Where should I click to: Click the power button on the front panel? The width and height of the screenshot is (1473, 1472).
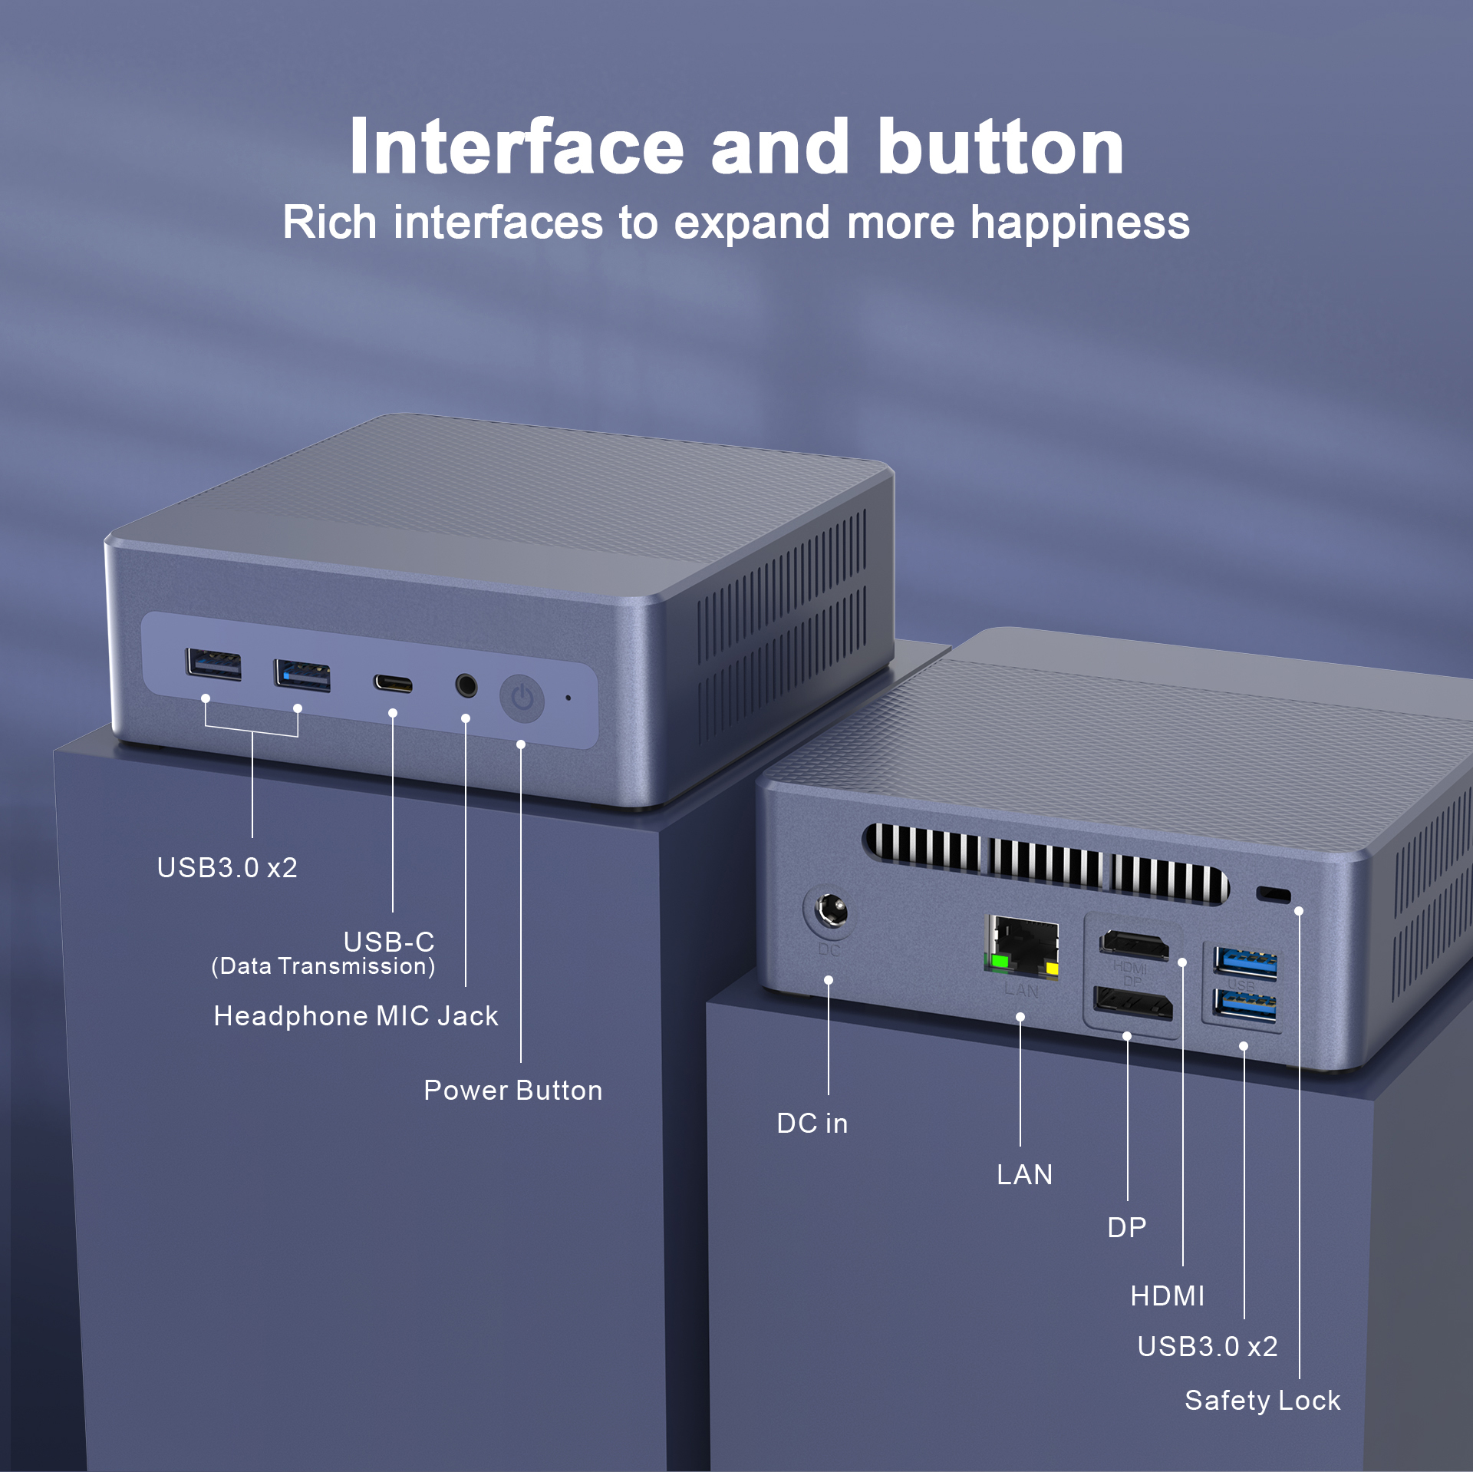[522, 698]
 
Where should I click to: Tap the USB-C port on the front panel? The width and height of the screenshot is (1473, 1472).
[393, 684]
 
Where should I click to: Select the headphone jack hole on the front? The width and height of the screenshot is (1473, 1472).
[466, 685]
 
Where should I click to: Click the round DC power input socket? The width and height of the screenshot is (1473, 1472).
[830, 912]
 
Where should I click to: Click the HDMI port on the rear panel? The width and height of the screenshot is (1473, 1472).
[1134, 944]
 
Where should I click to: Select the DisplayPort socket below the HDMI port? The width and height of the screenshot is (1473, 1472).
[1133, 1003]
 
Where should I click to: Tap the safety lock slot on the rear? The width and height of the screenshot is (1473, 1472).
[1274, 894]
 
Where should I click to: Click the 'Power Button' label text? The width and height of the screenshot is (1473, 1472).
[512, 1091]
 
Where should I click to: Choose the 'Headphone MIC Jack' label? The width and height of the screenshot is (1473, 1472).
[356, 1016]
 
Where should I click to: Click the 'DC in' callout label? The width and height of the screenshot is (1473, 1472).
[812, 1124]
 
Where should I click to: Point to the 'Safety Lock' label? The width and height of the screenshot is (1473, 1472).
[1262, 1401]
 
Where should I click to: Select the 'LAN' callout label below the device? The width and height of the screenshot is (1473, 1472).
[1024, 1175]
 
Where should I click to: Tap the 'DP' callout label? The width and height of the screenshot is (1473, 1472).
[1126, 1228]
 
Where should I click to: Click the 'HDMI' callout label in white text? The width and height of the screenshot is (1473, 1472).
[1167, 1296]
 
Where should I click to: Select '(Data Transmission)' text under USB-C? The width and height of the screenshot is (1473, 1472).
[323, 966]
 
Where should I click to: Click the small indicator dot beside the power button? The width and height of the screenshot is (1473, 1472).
[568, 698]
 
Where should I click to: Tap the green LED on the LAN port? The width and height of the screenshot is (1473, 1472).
[1000, 961]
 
